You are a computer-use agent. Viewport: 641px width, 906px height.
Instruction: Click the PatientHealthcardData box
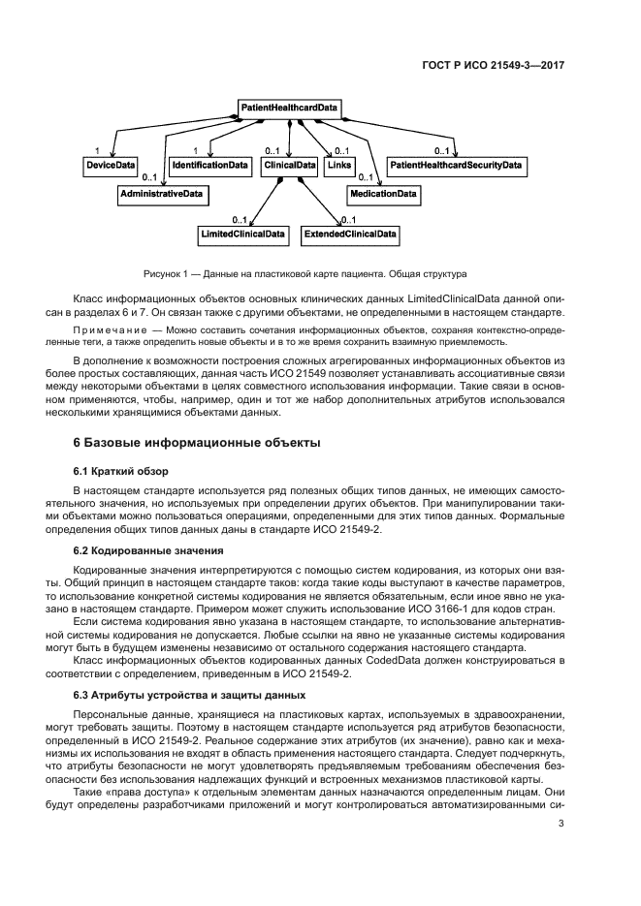click(290, 109)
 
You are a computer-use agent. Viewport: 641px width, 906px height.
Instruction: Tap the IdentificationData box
click(209, 167)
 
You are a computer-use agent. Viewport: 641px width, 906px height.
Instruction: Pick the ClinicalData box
click(290, 167)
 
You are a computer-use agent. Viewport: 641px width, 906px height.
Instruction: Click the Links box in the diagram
click(338, 167)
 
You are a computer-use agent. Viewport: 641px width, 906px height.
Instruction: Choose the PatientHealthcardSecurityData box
click(456, 167)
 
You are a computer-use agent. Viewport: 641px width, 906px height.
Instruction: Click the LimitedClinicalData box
click(242, 234)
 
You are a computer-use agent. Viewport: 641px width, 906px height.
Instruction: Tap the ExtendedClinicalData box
click(350, 234)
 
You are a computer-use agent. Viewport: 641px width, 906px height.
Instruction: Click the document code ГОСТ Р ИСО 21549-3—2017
click(493, 65)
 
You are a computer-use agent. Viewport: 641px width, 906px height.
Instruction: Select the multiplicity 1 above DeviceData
click(97, 151)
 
